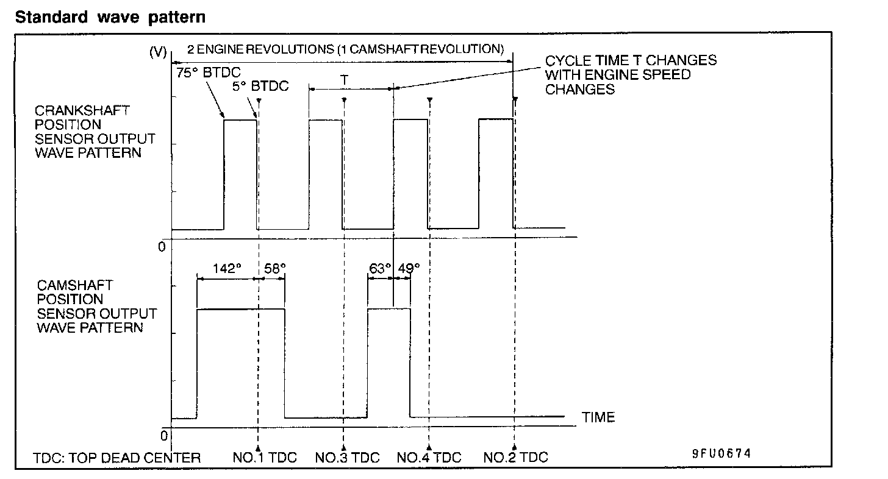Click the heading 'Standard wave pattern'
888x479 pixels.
click(110, 17)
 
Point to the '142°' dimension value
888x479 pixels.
click(227, 268)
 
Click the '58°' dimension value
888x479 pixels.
click(274, 268)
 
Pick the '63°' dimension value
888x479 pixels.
click(380, 268)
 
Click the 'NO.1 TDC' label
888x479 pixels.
click(265, 458)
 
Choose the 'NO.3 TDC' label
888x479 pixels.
click(348, 458)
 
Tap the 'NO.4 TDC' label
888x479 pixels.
click(429, 458)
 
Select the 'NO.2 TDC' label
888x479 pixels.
click(516, 458)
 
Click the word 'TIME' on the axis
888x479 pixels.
click(598, 417)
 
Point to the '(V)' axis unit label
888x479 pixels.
click(158, 52)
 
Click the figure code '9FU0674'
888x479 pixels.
click(721, 454)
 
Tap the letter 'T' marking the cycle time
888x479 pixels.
click(345, 79)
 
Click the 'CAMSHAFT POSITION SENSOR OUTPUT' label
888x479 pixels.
click(96, 307)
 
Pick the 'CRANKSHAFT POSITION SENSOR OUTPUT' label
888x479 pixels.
click(95, 132)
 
